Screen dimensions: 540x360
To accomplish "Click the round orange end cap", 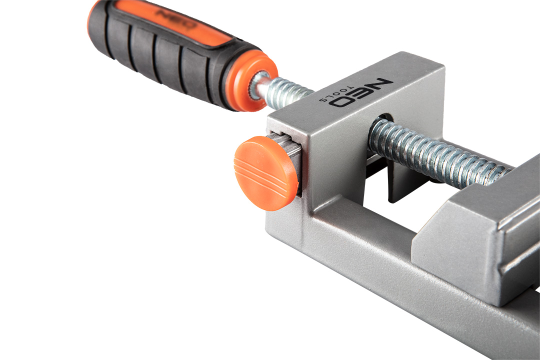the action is pyautogui.click(x=265, y=173).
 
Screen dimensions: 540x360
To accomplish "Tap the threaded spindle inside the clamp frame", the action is pyautogui.click(x=437, y=153).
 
